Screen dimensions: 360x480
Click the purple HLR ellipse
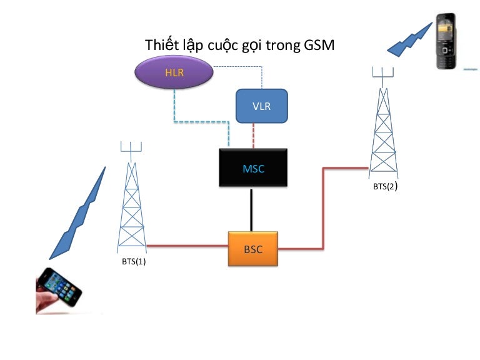[174, 73]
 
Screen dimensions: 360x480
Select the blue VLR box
[261, 106]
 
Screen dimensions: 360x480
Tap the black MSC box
[253, 168]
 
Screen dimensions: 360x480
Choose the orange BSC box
[253, 249]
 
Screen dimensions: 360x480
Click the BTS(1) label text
[134, 262]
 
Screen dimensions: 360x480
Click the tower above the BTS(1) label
[131, 200]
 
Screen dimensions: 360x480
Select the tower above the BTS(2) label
[382, 125]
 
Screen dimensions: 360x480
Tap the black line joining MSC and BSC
[252, 209]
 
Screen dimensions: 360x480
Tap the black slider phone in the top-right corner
[449, 42]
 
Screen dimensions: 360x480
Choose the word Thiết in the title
[161, 45]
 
